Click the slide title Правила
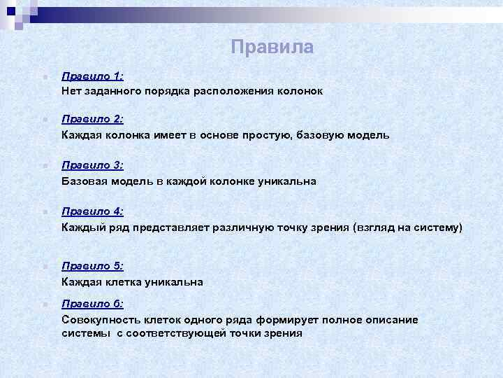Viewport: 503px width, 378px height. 272,47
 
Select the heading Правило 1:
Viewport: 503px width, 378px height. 92,76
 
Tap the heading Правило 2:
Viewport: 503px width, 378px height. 92,119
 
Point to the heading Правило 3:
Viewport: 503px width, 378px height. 92,165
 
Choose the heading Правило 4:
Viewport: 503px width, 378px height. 92,211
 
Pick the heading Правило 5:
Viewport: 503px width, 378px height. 92,266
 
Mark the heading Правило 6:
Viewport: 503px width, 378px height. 92,304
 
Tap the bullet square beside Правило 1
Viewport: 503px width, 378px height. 43,76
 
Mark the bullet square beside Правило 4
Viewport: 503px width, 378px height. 43,211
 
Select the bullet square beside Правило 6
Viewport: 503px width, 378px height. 43,304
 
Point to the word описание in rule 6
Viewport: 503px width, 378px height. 392,319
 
